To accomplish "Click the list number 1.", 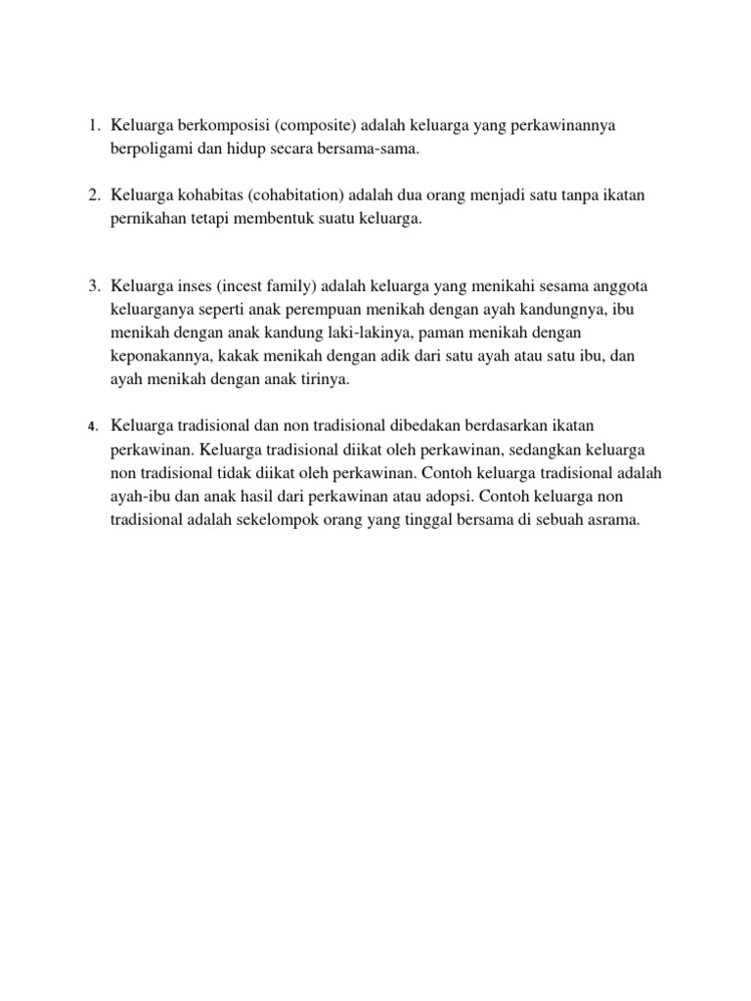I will tap(92, 126).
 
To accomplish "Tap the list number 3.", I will tap(92, 285).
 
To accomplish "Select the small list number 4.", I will tap(92, 427).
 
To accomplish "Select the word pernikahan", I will tap(149, 220).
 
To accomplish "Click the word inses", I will tap(191, 285).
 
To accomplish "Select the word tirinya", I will tap(320, 379).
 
